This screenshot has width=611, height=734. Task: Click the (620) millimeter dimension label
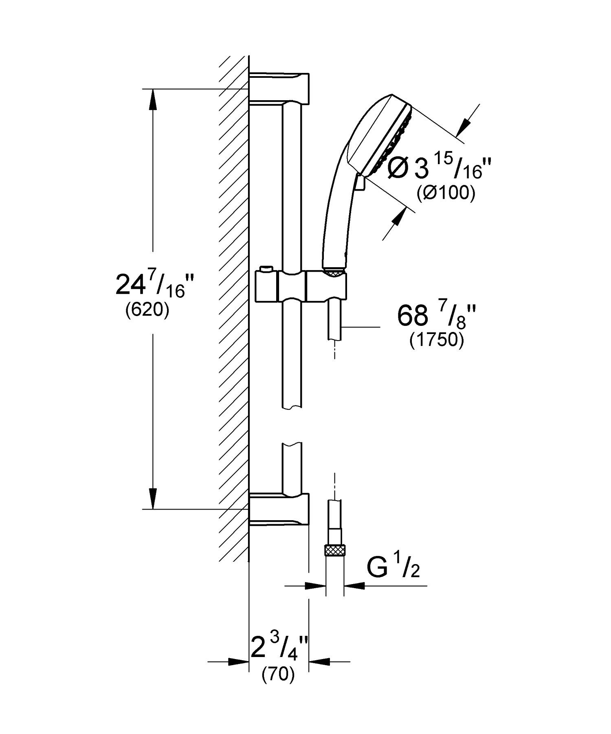point(147,311)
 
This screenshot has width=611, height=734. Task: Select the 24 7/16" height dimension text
point(150,284)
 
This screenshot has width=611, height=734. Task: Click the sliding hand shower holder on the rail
point(301,288)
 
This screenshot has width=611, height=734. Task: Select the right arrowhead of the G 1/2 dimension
point(354,586)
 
